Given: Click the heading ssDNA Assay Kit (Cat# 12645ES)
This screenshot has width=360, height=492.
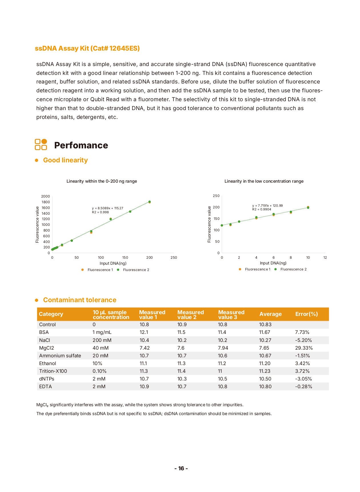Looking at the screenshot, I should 87,48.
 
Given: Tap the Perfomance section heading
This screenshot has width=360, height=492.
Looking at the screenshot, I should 81,145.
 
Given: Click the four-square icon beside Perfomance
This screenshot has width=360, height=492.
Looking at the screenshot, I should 41,145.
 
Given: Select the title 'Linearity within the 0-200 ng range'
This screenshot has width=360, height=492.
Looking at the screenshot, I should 102,181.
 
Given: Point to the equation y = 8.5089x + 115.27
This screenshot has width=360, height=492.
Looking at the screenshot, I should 107,208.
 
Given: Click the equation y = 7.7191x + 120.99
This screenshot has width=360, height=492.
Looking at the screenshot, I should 267,206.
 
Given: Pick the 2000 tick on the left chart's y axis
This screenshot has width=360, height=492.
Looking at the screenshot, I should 45,196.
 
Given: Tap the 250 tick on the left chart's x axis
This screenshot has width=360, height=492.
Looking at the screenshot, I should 174,258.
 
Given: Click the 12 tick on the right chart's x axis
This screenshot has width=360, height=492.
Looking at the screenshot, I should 325,258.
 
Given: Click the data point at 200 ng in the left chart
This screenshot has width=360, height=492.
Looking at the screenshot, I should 149,202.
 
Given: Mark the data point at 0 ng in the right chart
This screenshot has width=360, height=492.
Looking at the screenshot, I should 222,226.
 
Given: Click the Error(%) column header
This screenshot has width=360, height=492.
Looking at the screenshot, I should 307,314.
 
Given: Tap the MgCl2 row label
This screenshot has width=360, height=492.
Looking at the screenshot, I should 47,348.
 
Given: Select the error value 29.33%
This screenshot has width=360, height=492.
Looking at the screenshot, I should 304,348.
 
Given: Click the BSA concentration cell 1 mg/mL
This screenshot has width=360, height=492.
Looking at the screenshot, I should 102,332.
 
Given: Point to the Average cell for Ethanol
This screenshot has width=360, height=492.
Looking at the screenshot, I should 265,363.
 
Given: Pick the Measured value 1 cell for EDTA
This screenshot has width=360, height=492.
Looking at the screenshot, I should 144,387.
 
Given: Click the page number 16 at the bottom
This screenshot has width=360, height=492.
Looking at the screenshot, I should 181,468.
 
